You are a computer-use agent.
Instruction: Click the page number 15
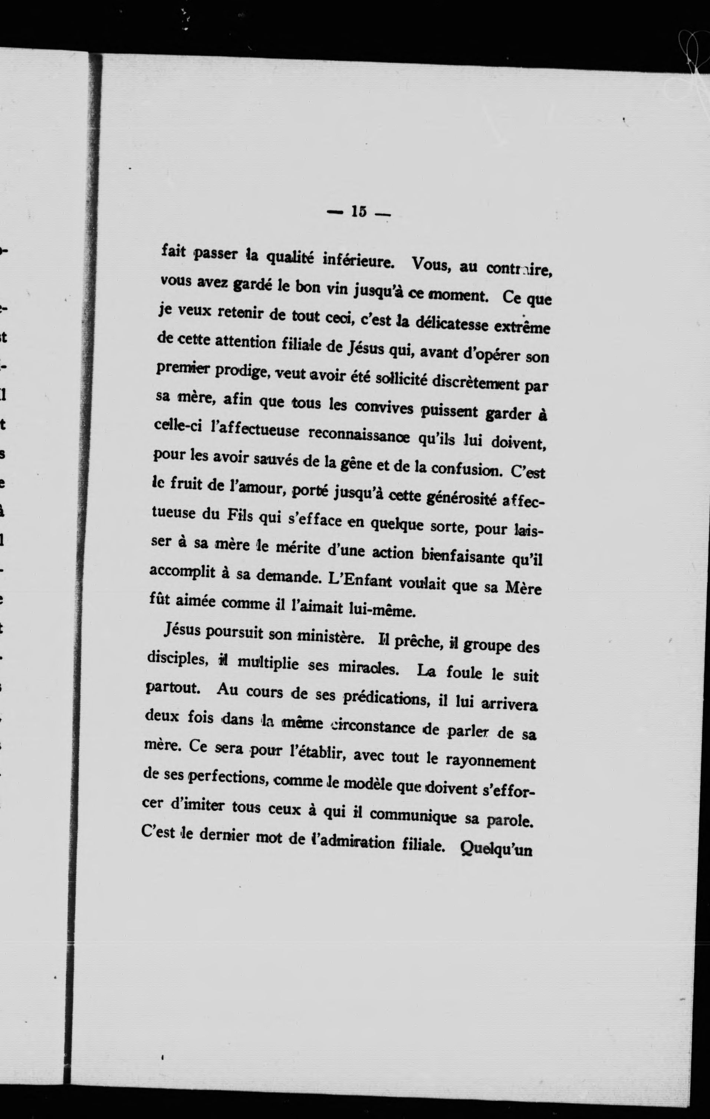[x=359, y=212]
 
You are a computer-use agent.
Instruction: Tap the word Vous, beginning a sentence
[x=429, y=265]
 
